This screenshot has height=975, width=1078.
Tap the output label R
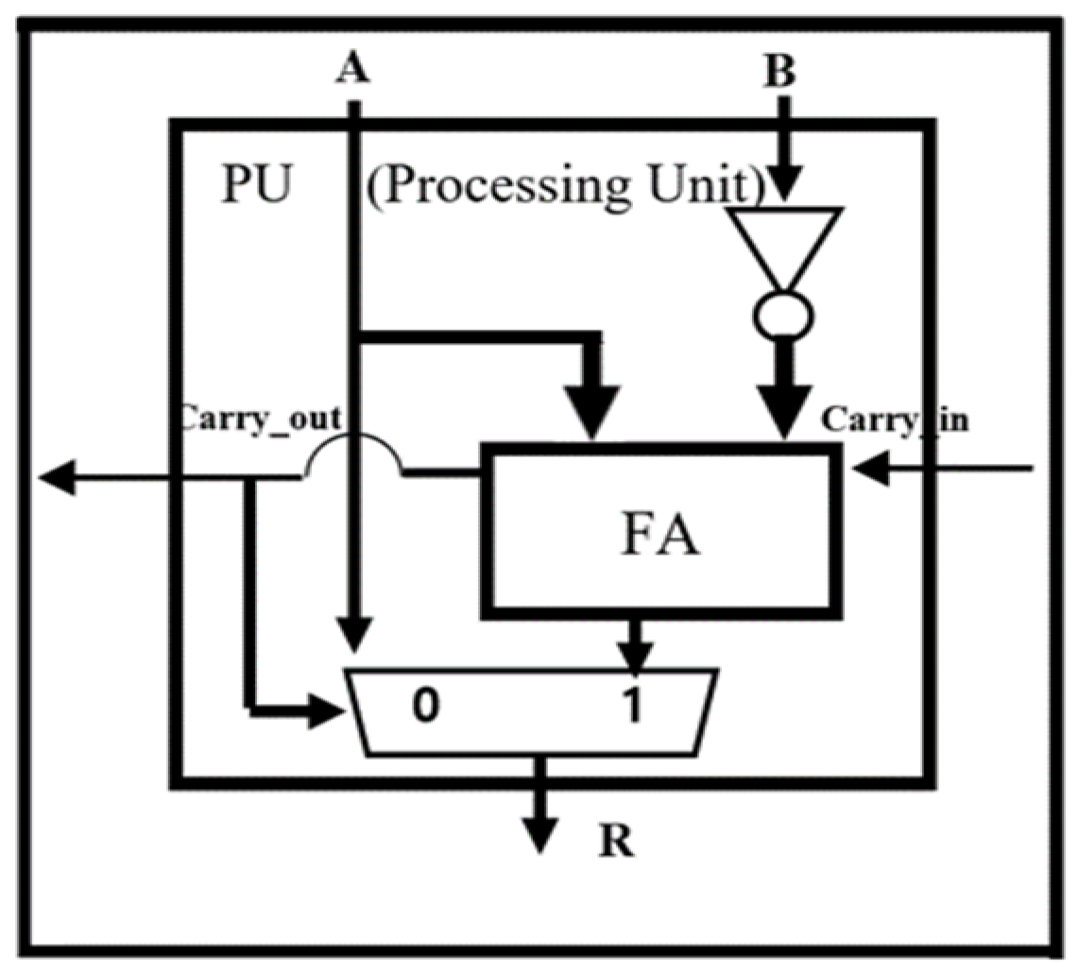tap(613, 842)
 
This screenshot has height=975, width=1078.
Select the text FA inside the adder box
tap(660, 541)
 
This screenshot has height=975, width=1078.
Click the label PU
tap(255, 184)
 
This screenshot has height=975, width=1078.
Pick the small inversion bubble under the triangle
tap(784, 316)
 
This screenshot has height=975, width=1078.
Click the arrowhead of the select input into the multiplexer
tap(323, 711)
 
